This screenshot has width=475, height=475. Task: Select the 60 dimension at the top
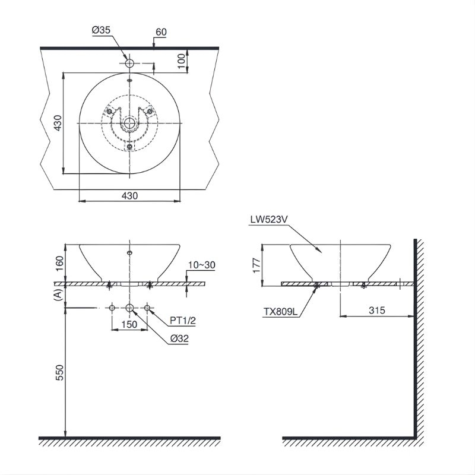coord(160,32)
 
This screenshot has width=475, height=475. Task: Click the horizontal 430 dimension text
coord(130,195)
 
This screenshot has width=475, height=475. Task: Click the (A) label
coord(58,295)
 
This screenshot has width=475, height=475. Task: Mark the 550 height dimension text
coord(58,372)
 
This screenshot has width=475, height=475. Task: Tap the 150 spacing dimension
coord(129,324)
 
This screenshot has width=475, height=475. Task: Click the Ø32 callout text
coord(178,339)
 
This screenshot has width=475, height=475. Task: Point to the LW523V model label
coord(269,220)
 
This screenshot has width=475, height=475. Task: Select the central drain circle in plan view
coord(129,123)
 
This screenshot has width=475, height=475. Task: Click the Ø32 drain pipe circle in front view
coord(130,308)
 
